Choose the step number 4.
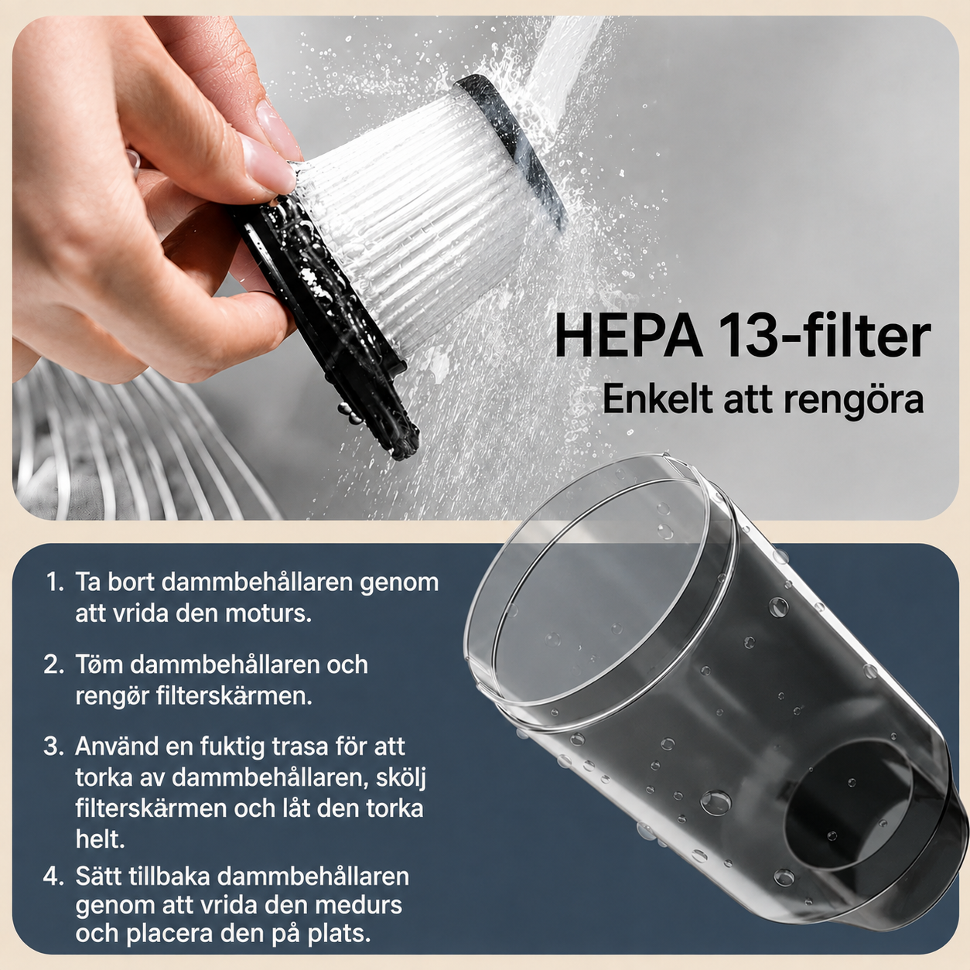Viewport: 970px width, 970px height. [53, 876]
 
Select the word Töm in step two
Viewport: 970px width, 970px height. [99, 664]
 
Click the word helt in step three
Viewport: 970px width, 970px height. [100, 839]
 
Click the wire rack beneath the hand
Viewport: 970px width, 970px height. [126, 443]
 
